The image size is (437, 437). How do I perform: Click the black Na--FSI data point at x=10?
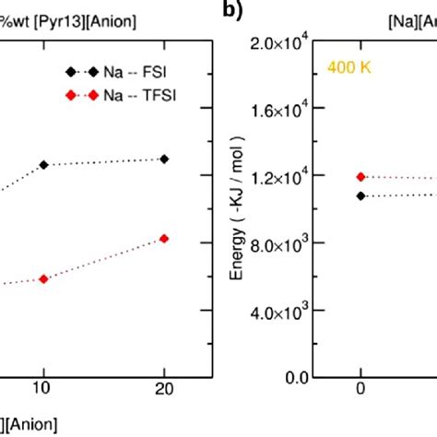(42, 164)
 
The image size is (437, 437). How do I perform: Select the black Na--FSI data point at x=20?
(164, 159)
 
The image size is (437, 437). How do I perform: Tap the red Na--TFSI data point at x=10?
(42, 278)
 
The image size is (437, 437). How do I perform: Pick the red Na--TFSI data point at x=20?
(164, 238)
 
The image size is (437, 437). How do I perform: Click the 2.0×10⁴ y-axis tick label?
(281, 42)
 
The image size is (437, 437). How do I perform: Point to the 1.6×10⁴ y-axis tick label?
(281, 110)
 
